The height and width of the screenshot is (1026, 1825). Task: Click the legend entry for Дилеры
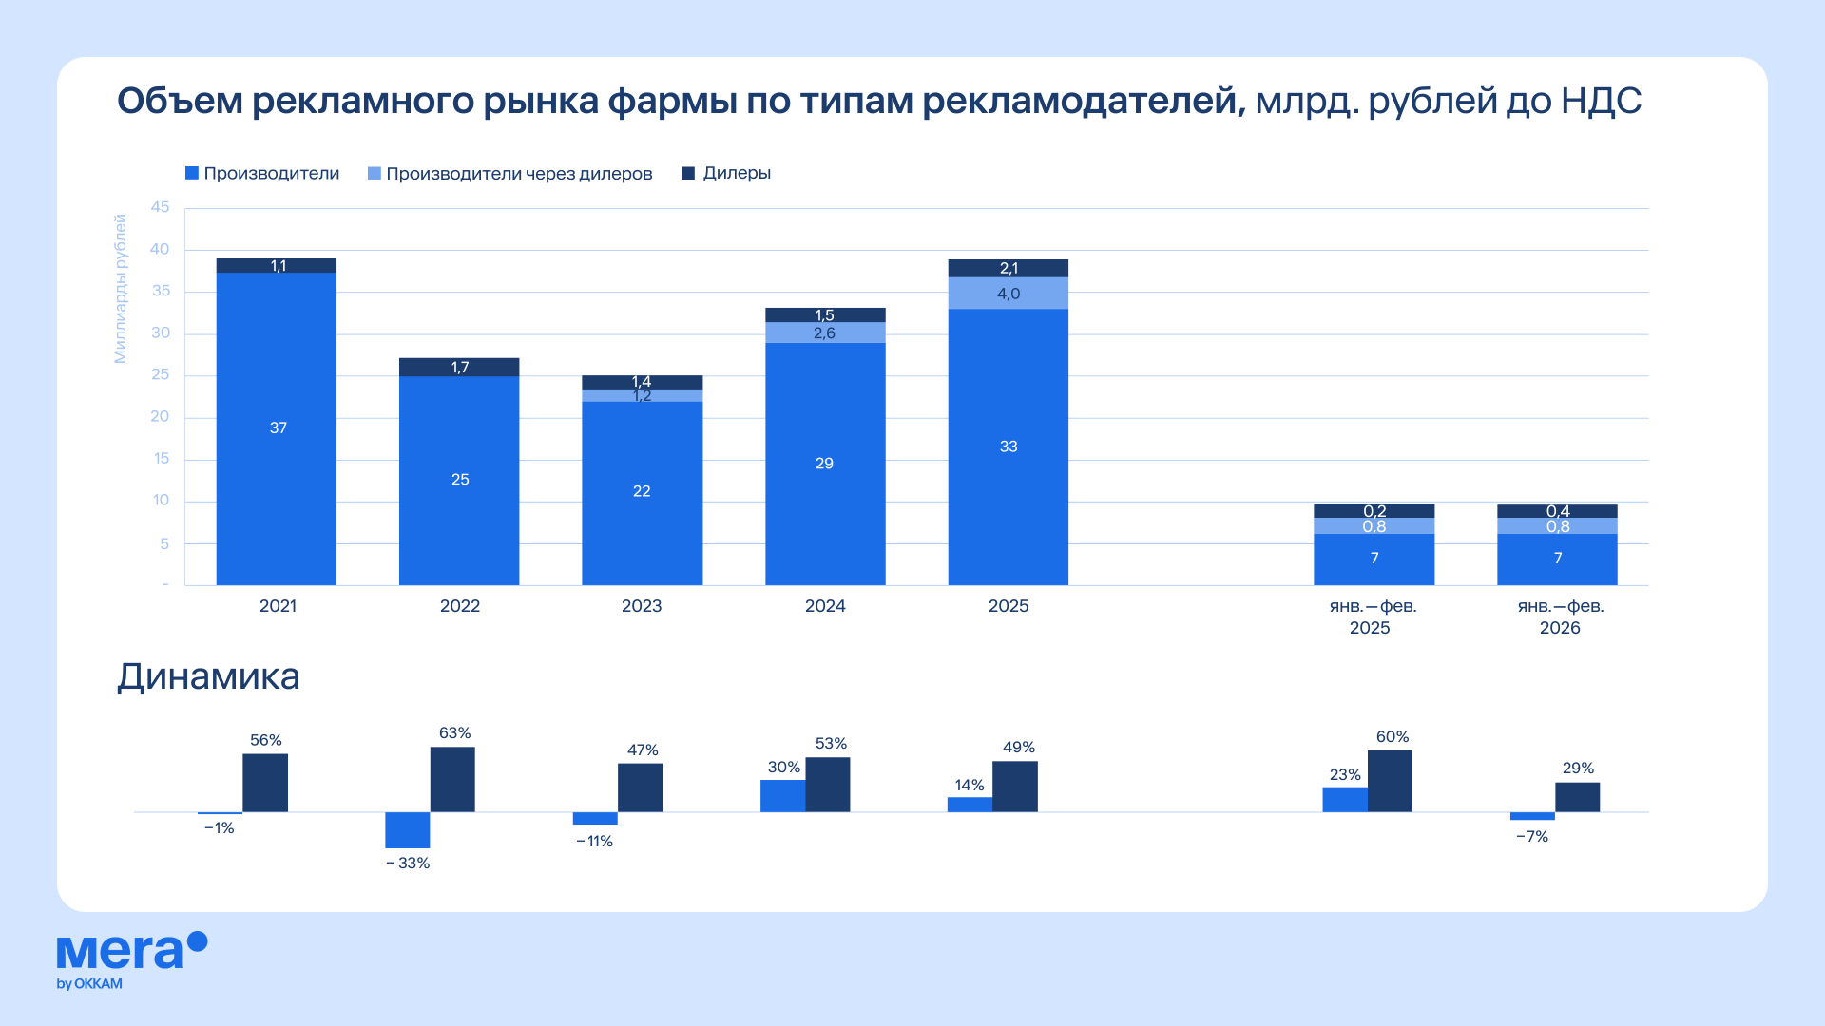coord(726,173)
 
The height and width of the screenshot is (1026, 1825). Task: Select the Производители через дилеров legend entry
coord(510,174)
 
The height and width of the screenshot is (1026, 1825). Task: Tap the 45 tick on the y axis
coord(160,207)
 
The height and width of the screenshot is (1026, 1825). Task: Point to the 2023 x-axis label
coord(642,606)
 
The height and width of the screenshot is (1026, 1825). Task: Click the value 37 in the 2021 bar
coord(278,428)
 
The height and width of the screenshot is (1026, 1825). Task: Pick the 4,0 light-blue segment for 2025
coord(1009,294)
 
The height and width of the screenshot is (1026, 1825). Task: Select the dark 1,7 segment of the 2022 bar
coord(459,368)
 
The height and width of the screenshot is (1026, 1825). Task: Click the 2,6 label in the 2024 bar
coord(824,333)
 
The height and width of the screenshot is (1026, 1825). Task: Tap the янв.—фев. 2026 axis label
coord(1560,617)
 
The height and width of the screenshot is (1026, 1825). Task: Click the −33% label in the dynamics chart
coord(408,864)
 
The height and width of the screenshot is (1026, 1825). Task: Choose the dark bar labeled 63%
coord(452,780)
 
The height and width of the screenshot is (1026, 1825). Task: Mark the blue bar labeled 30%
coord(782,796)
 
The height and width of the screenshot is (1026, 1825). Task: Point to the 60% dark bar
coord(1390,782)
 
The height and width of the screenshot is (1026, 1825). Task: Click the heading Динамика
coord(208,676)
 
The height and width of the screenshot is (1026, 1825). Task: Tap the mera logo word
coord(120,951)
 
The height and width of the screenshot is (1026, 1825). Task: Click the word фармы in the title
coord(672,101)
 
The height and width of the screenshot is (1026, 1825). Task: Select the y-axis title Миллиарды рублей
coord(120,288)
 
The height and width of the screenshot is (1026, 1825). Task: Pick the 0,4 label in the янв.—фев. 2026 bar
coord(1558,511)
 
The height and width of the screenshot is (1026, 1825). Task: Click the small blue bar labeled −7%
coord(1532,816)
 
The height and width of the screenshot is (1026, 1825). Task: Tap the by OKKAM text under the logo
coord(89,984)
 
